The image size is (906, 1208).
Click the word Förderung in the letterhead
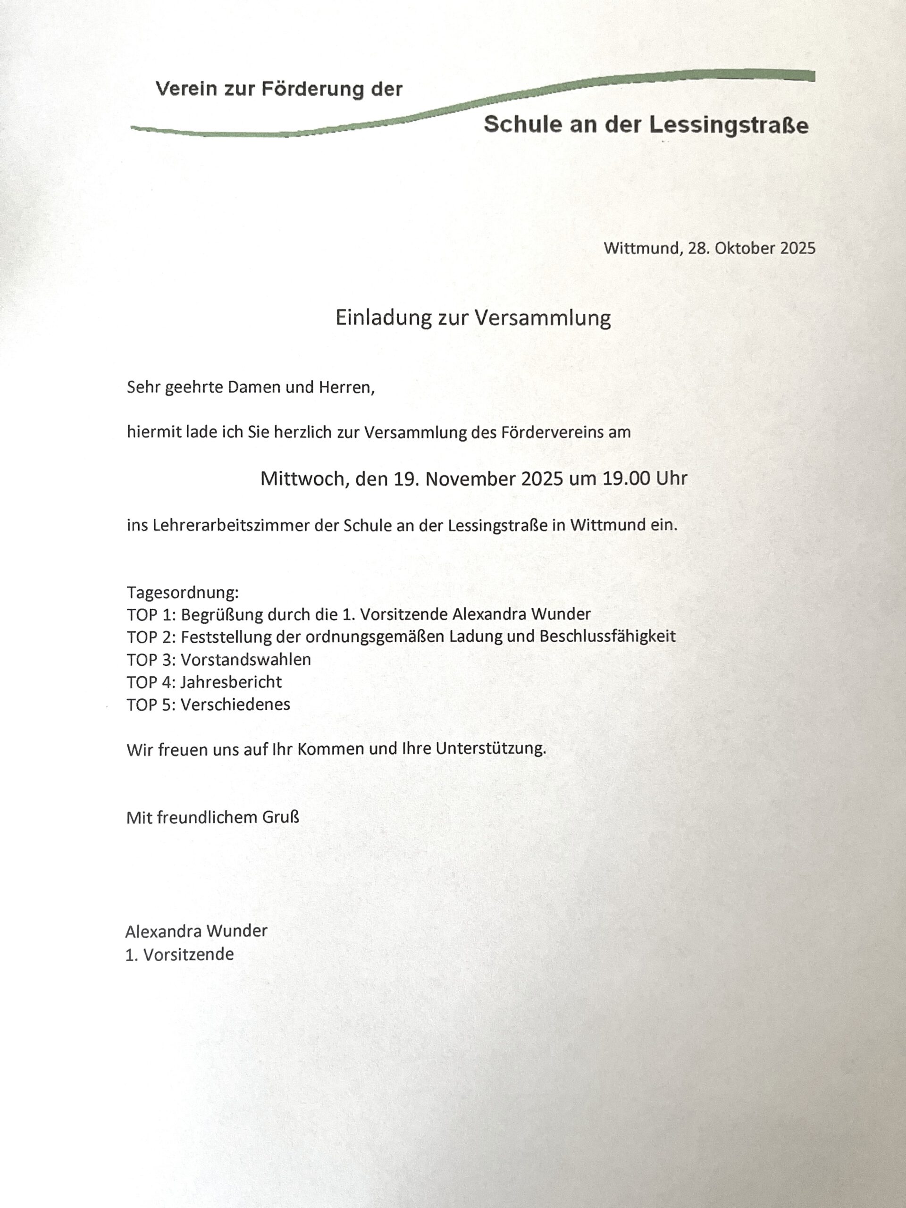(312, 89)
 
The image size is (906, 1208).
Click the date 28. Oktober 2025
(751, 249)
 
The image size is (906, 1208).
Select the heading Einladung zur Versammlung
(473, 318)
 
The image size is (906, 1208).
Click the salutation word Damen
(253, 388)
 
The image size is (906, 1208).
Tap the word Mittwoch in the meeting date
(303, 479)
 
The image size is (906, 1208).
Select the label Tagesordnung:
(183, 592)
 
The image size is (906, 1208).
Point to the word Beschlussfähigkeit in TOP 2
(607, 637)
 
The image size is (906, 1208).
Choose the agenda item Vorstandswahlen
(246, 659)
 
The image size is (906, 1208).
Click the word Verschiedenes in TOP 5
(235, 705)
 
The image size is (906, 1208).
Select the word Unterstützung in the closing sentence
(490, 749)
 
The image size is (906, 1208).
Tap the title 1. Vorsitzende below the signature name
(180, 954)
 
